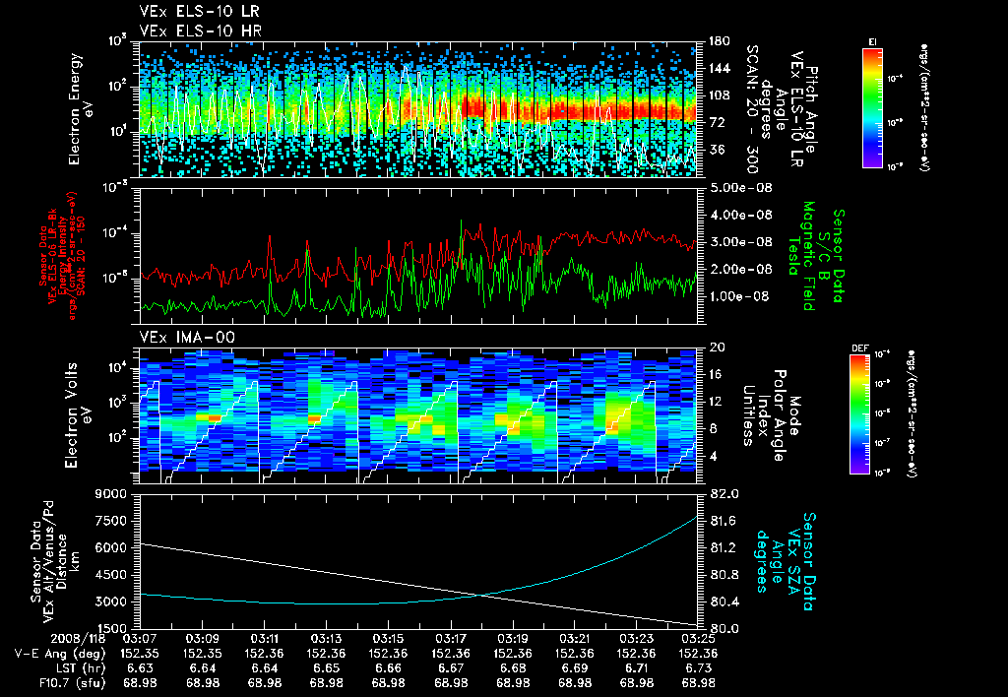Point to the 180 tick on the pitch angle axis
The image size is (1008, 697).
(716, 41)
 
